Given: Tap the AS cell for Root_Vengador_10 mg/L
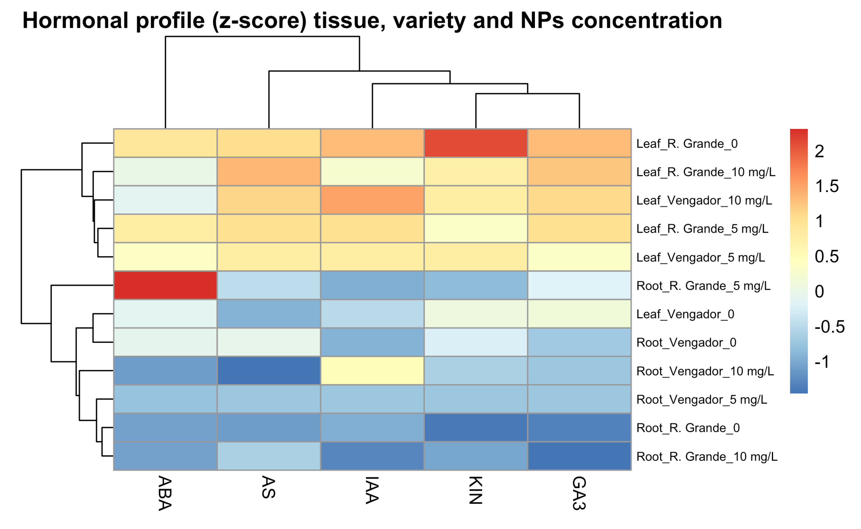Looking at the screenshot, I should [x=269, y=371].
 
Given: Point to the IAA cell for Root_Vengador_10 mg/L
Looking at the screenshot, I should [x=372, y=371].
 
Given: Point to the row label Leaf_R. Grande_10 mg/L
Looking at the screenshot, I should [x=705, y=172].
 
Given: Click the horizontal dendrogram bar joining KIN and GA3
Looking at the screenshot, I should [x=527, y=93].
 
